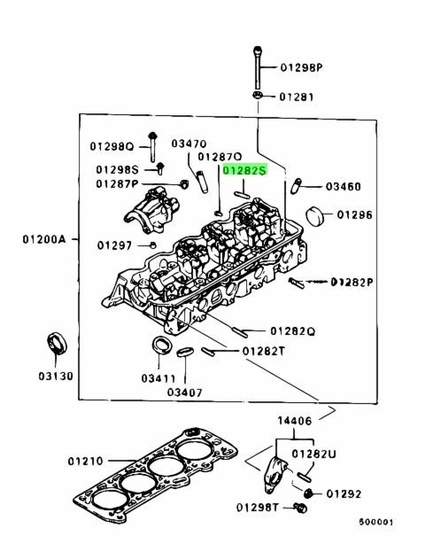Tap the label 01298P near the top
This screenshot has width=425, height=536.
[x=302, y=66]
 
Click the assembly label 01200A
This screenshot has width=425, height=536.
[x=42, y=239]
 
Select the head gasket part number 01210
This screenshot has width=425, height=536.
[x=87, y=461]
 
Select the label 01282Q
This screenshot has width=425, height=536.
[x=293, y=330]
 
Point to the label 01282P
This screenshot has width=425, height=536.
[x=352, y=282]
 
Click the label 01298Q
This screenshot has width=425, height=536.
[x=111, y=145]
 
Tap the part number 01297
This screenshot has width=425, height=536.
[x=115, y=244]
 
